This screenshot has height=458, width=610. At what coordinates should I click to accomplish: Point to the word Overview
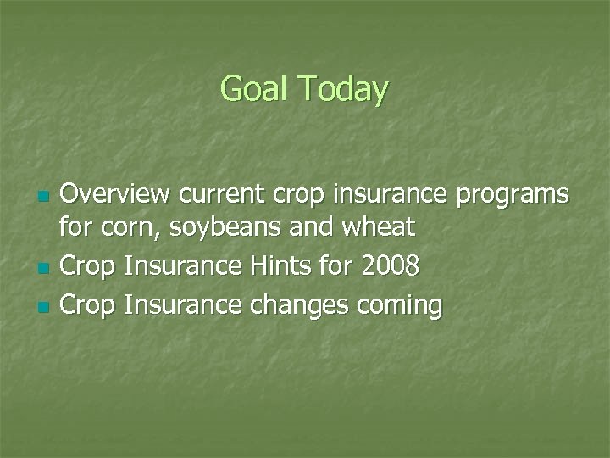click(114, 194)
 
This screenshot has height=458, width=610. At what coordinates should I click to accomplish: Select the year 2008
click(390, 266)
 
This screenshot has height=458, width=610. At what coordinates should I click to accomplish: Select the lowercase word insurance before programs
click(393, 194)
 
